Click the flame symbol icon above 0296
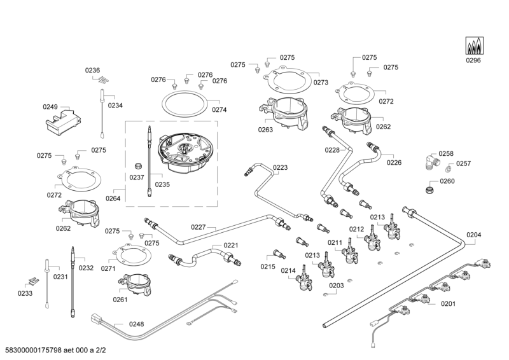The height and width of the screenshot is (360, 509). point(473,45)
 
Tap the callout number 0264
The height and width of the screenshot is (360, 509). point(113,198)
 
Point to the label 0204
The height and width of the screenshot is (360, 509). point(474,235)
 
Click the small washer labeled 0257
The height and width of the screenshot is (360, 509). point(449,167)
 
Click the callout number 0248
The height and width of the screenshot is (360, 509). point(137,324)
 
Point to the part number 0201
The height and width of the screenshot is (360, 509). point(449,303)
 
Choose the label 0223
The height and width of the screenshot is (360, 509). point(281,168)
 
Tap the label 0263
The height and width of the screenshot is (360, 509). point(265,130)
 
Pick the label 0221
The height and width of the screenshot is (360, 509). point(230,245)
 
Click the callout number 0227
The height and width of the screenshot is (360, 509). point(199,226)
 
